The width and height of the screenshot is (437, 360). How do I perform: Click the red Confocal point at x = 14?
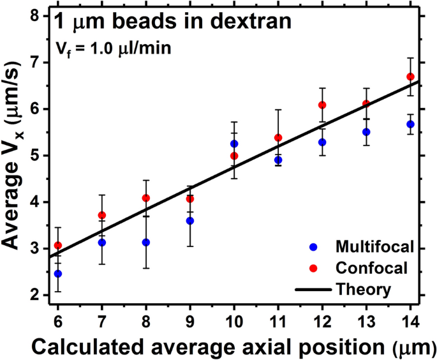[x=410, y=77]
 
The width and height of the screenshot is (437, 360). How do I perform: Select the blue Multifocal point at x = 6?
[x=58, y=273]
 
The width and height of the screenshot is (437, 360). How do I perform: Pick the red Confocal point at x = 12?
[x=322, y=105]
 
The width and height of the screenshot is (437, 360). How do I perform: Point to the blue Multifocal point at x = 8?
[x=146, y=243]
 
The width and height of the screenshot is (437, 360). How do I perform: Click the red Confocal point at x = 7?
[x=102, y=215]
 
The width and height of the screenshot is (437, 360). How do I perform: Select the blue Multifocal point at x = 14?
[x=410, y=124]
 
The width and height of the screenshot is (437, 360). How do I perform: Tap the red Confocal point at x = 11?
[x=278, y=137]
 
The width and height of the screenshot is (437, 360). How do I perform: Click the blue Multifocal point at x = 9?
[x=190, y=221]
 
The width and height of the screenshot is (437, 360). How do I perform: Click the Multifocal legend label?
[x=360, y=246]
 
